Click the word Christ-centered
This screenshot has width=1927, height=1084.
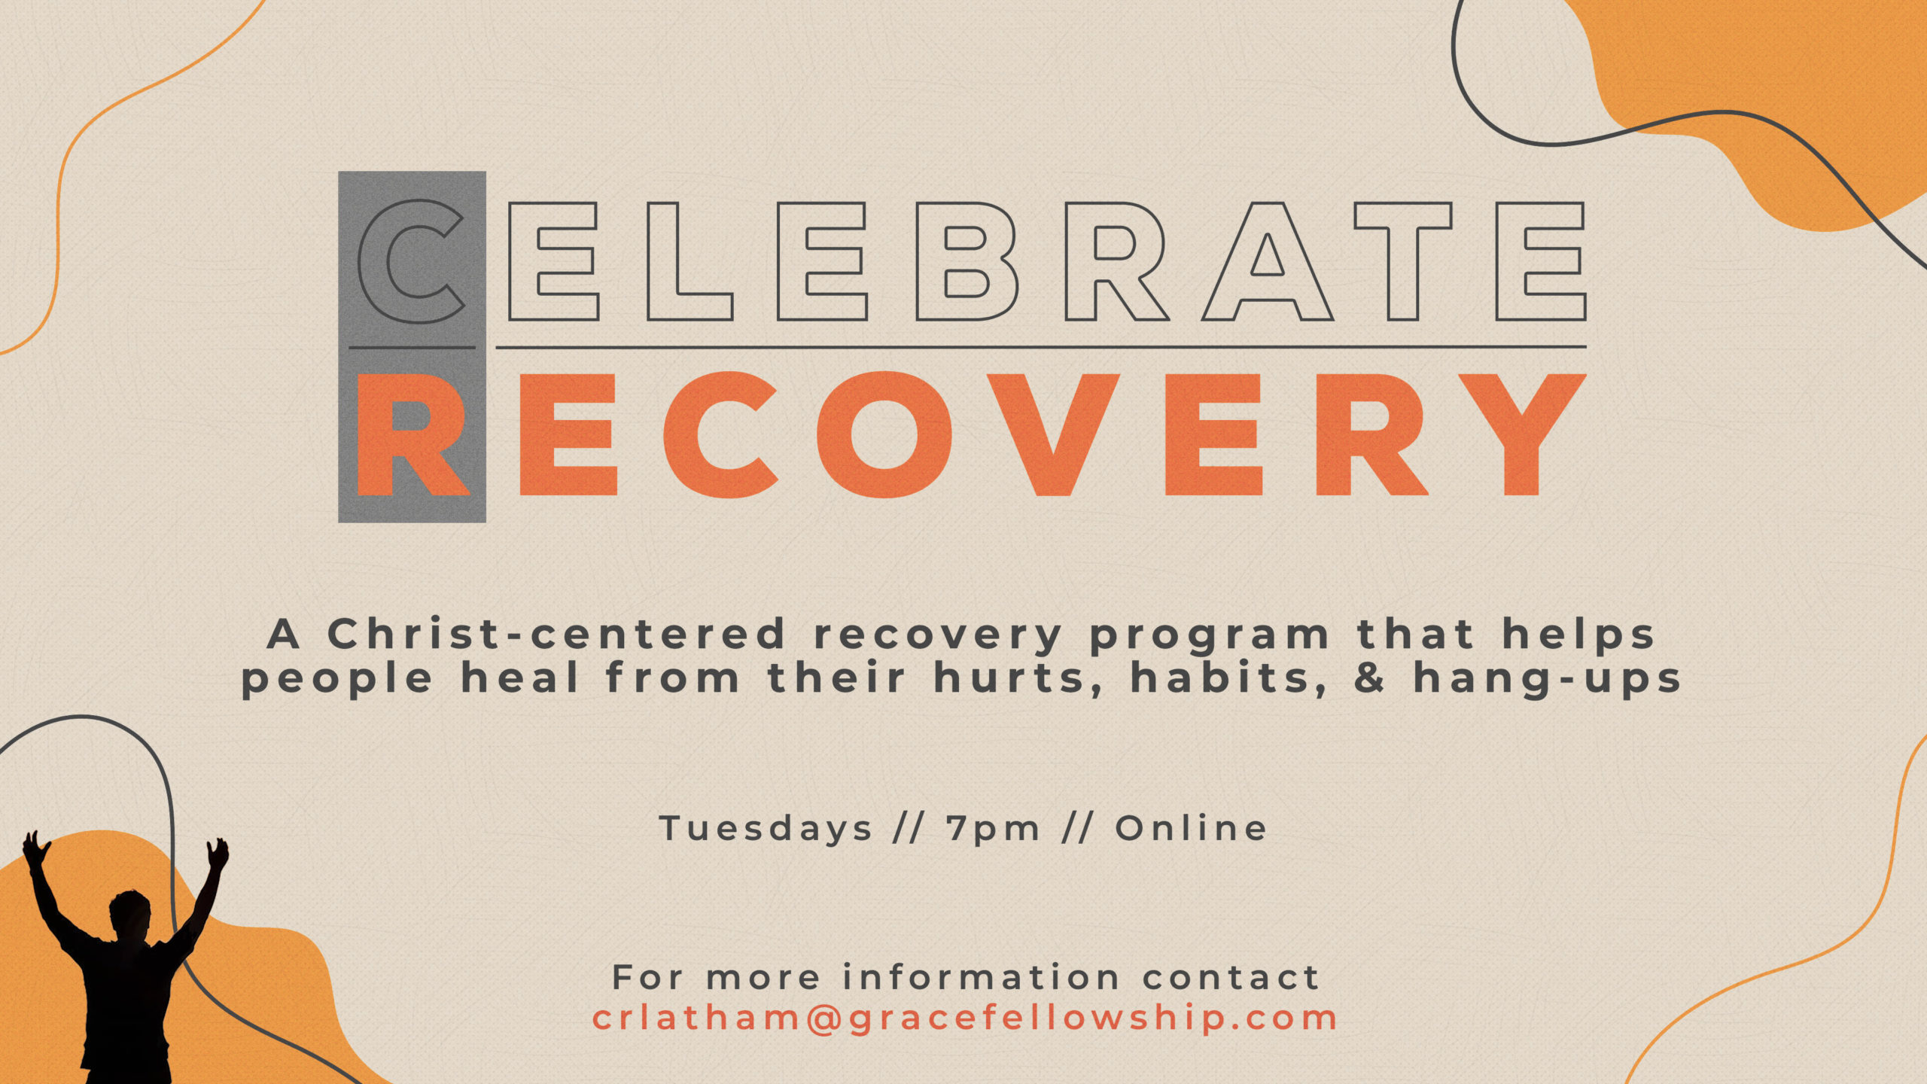click(x=557, y=634)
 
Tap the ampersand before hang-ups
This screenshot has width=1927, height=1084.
click(x=1369, y=677)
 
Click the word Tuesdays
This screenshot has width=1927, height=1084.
click(x=766, y=829)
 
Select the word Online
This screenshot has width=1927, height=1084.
click(x=1191, y=828)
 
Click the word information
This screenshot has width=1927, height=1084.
click(x=982, y=977)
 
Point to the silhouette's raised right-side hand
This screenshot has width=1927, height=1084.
click(x=218, y=854)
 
